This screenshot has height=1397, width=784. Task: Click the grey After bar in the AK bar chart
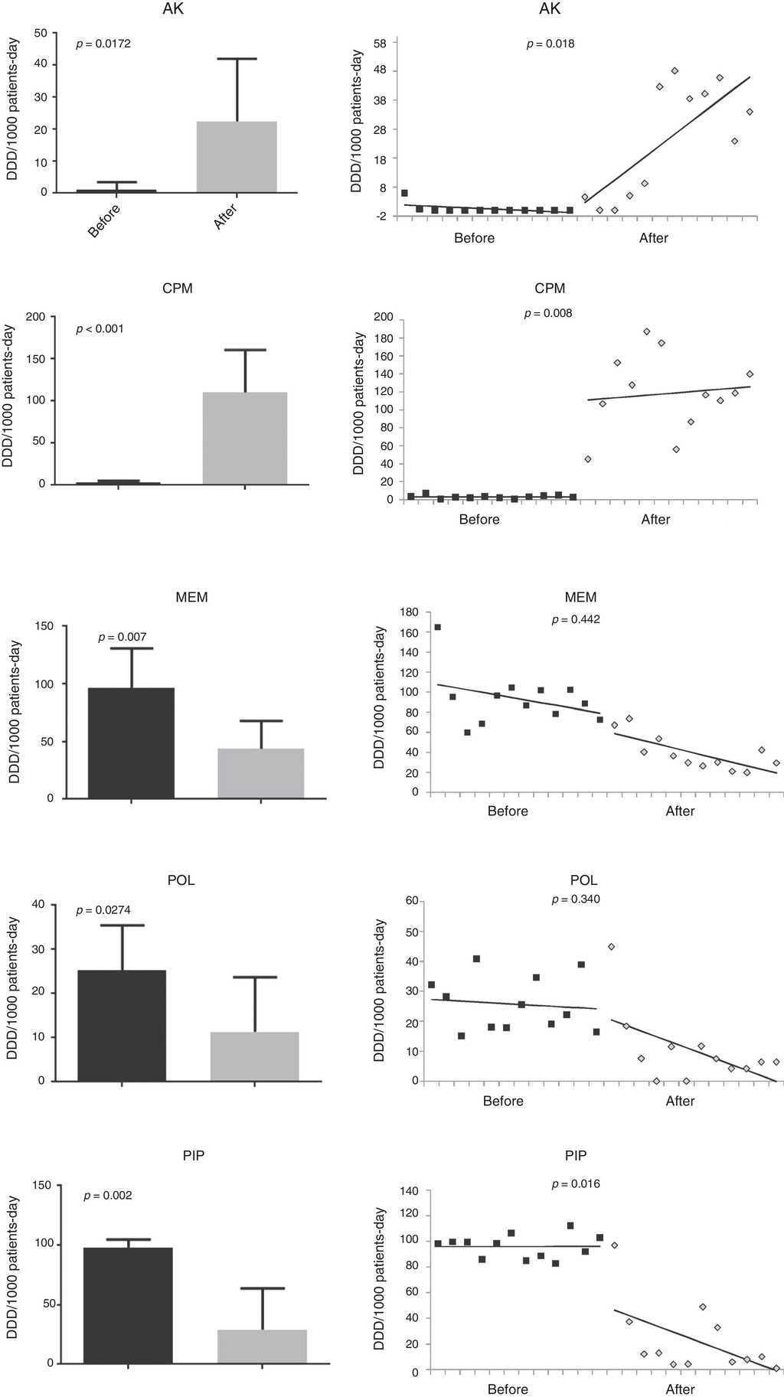pos(237,157)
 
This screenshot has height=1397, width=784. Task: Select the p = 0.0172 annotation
pos(103,44)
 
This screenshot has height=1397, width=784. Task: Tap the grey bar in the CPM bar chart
pos(244,438)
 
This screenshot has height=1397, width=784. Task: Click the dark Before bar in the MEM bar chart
pos(131,743)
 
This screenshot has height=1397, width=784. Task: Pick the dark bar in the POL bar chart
pos(122,1026)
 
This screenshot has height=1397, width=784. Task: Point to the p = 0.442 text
pos(576,620)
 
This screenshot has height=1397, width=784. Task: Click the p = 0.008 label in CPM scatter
pos(548,314)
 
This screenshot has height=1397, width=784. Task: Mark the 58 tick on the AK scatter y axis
pos(380,43)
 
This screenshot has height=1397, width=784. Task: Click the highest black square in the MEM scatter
pos(437,627)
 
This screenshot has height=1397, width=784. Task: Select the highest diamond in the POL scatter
pos(611,947)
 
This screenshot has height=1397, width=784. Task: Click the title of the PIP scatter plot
pos(576,1156)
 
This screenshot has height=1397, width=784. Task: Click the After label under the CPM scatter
pos(655,520)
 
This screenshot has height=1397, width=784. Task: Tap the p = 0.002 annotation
pos(108,1196)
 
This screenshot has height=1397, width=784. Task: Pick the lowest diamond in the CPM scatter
pos(587,459)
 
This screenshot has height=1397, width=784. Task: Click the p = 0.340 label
pos(576,900)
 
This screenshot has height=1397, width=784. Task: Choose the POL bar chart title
pos(181,880)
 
